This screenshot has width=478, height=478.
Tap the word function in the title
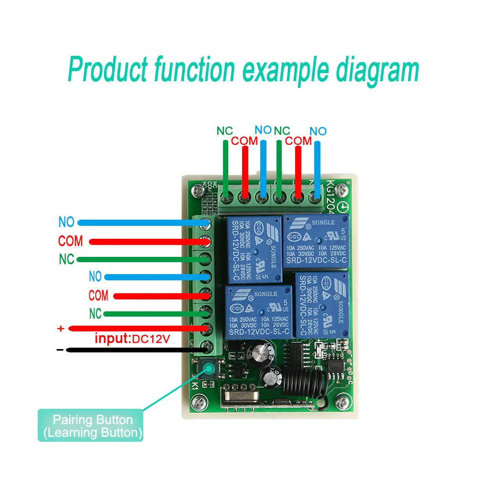tap(194, 70)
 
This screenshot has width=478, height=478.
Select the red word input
tap(112, 339)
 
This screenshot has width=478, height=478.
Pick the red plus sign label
tap(60, 329)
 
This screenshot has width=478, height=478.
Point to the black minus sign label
tap(60, 350)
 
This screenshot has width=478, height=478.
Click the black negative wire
tap(134, 351)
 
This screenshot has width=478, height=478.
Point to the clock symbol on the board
tap(342, 207)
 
